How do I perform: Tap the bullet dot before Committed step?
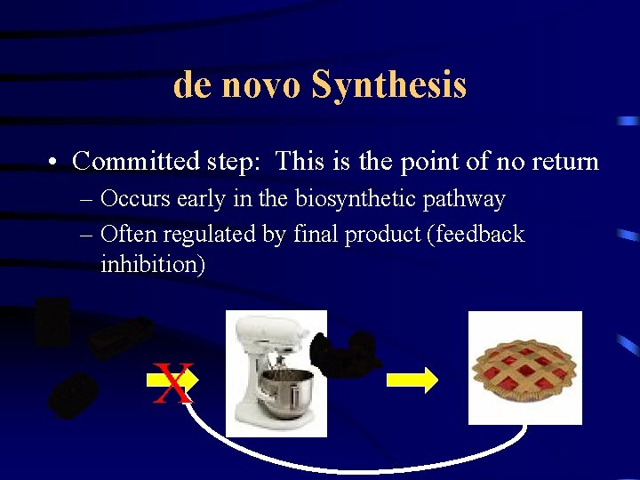pyautogui.click(x=54, y=163)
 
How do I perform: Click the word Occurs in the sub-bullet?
pyautogui.click(x=132, y=199)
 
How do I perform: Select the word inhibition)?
pyautogui.click(x=153, y=264)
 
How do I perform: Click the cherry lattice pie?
pyautogui.click(x=524, y=369)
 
